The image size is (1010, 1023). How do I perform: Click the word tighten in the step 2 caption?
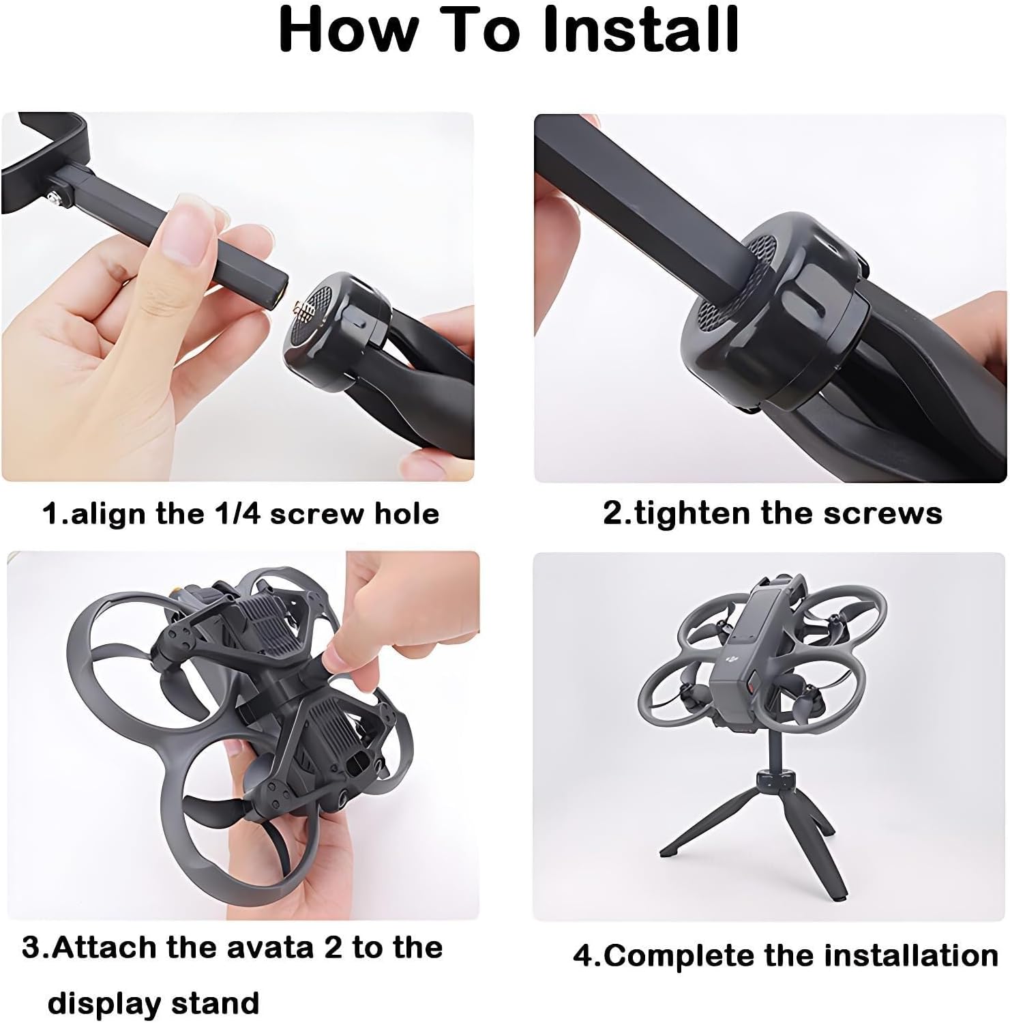click(x=693, y=513)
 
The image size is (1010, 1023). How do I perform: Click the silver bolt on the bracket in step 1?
click(x=53, y=199)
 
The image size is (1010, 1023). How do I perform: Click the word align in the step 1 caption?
click(x=108, y=515)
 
